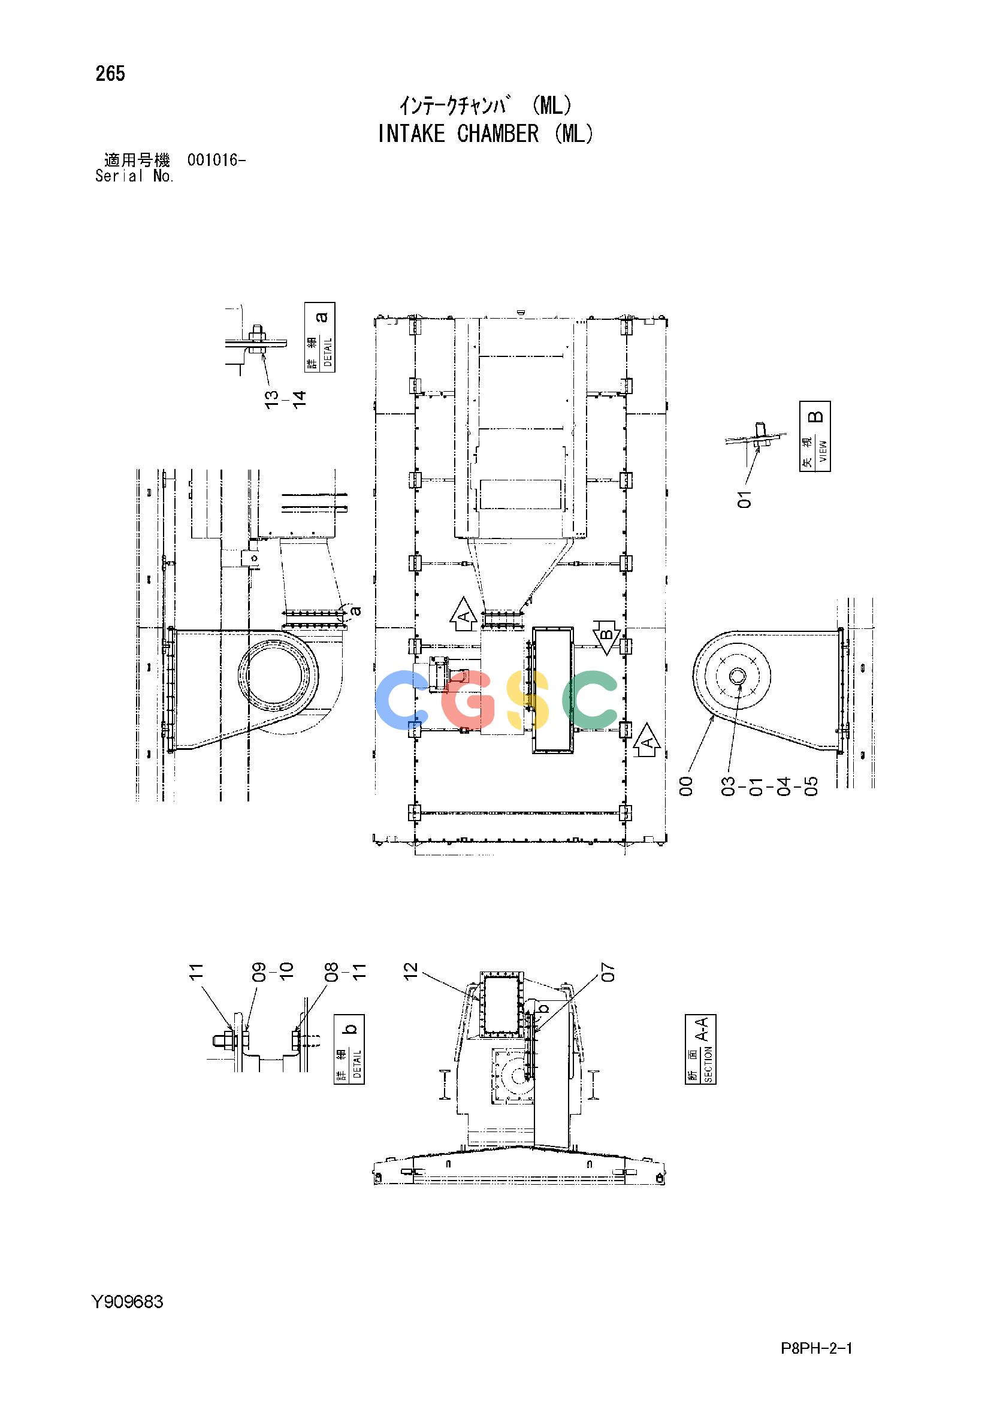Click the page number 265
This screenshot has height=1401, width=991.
[110, 74]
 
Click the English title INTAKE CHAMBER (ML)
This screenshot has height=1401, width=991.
[485, 134]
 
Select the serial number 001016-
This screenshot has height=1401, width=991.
[217, 161]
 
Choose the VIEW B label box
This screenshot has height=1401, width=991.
[815, 435]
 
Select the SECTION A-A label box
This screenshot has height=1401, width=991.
[700, 1049]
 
